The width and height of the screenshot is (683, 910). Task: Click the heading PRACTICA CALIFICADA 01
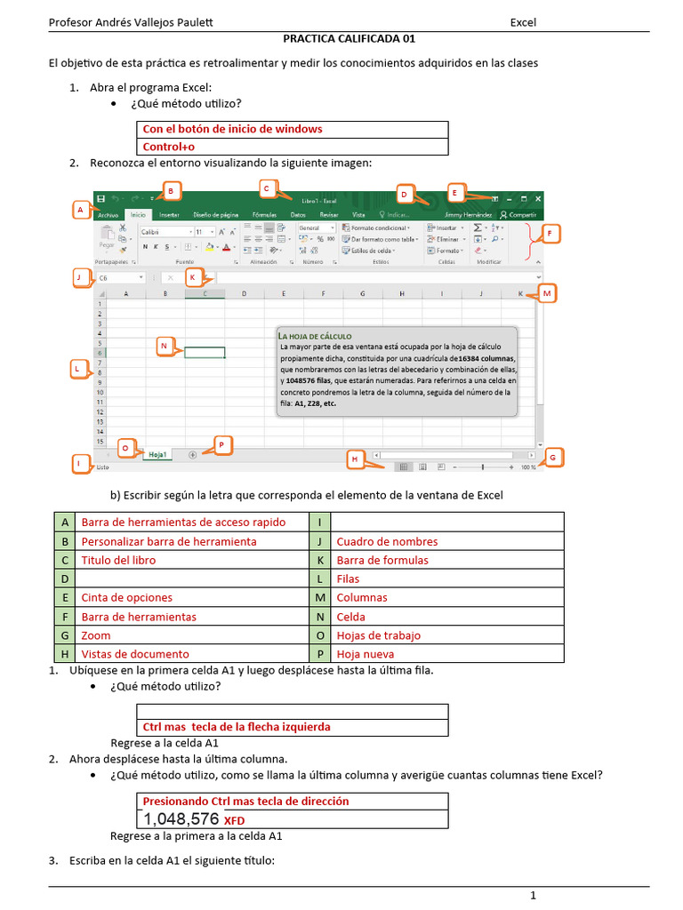pos(349,39)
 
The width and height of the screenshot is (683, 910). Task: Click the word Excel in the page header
pos(523,22)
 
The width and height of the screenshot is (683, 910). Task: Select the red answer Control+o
pos(169,147)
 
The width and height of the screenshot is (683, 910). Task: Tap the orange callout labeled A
pos(80,210)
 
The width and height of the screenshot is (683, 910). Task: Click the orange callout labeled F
pos(550,235)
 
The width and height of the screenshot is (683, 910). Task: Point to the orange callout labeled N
pos(164,347)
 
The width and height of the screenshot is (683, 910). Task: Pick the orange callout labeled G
pos(552,458)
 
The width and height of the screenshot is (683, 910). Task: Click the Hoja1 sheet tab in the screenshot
pos(158,454)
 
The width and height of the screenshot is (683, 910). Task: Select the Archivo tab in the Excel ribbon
pos(108,215)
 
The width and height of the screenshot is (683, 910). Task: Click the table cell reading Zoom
pos(96,635)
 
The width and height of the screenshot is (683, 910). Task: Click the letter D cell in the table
pos(65,579)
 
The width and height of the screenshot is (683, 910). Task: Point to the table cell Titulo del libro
pos(118,560)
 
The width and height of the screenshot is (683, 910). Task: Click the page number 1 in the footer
pos(533,896)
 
